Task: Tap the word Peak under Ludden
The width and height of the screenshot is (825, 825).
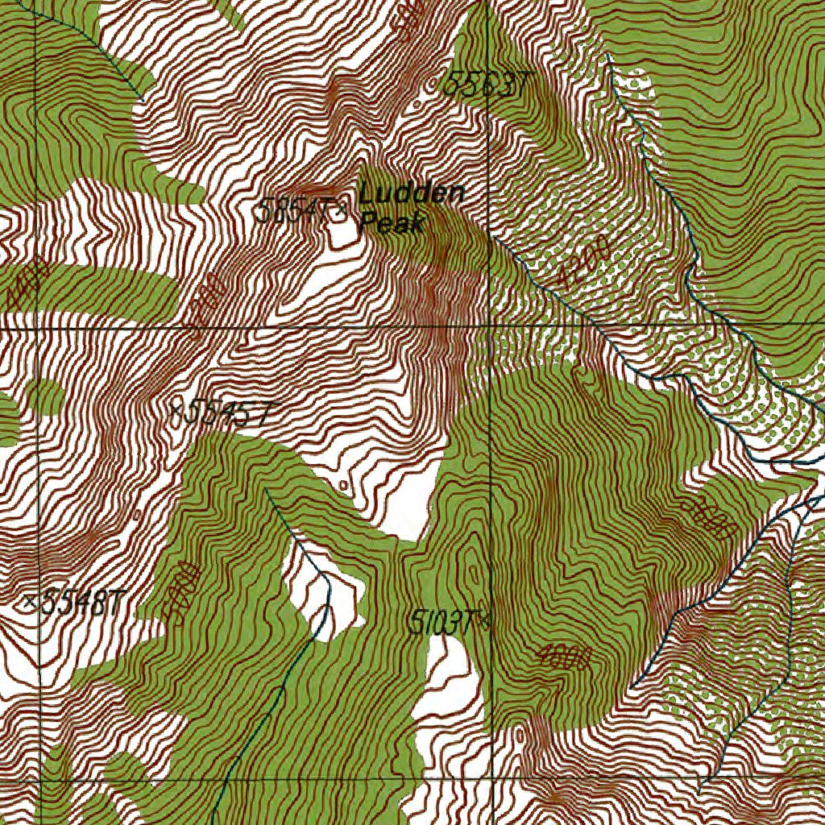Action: (x=392, y=222)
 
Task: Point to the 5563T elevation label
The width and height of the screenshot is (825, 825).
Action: (x=479, y=84)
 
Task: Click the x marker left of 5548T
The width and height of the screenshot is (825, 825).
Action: (x=31, y=601)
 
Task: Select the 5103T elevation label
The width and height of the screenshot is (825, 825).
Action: (x=442, y=621)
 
